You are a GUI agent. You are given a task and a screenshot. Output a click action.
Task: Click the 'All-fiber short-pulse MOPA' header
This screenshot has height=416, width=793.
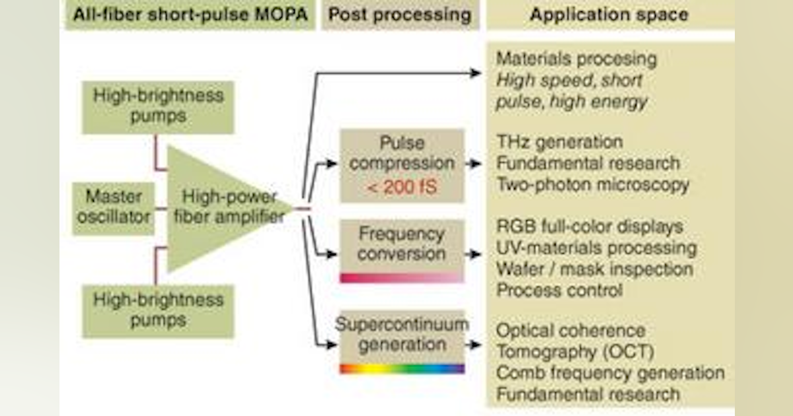(190, 15)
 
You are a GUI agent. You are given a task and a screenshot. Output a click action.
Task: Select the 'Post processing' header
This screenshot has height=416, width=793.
(400, 15)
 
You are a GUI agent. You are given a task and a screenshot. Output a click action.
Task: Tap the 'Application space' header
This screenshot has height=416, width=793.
(608, 15)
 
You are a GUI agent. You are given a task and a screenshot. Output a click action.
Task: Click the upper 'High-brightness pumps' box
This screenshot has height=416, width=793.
(158, 106)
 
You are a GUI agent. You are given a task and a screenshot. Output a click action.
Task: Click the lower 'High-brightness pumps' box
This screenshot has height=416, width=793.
(158, 310)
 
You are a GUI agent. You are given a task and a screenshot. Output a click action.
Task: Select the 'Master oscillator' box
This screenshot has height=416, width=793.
(113, 208)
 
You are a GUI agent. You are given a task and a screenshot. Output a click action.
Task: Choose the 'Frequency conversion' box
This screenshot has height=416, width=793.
(402, 244)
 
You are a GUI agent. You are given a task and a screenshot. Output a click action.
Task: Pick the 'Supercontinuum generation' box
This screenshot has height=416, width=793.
(402, 335)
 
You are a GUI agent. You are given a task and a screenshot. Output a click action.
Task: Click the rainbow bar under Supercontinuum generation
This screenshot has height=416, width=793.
(402, 368)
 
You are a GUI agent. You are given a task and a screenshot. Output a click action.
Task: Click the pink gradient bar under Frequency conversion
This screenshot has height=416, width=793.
(402, 277)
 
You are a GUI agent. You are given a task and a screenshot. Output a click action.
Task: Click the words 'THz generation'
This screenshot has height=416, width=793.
(559, 142)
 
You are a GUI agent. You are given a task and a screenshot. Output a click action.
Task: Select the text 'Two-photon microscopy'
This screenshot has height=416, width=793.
(592, 184)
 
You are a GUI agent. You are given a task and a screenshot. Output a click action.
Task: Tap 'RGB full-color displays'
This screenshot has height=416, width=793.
(589, 227)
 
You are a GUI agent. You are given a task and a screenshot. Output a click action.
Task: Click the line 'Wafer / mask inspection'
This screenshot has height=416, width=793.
(594, 269)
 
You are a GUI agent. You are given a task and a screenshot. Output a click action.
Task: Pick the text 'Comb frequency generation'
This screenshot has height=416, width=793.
(610, 373)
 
